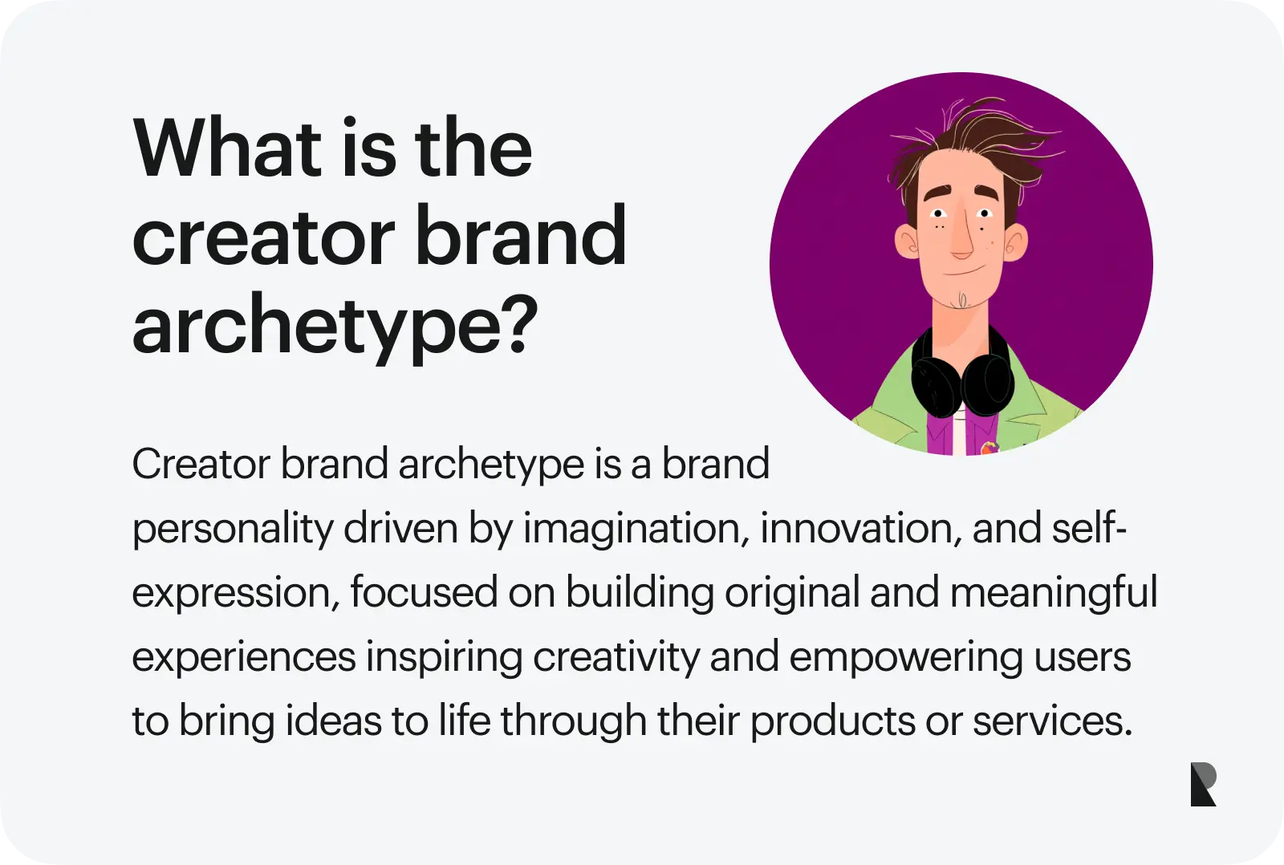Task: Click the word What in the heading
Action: (228, 148)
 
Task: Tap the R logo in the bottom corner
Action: (1203, 784)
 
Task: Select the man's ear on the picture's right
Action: (1014, 242)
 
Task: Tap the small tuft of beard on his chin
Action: (962, 300)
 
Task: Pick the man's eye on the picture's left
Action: (938, 213)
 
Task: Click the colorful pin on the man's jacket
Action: (988, 447)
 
